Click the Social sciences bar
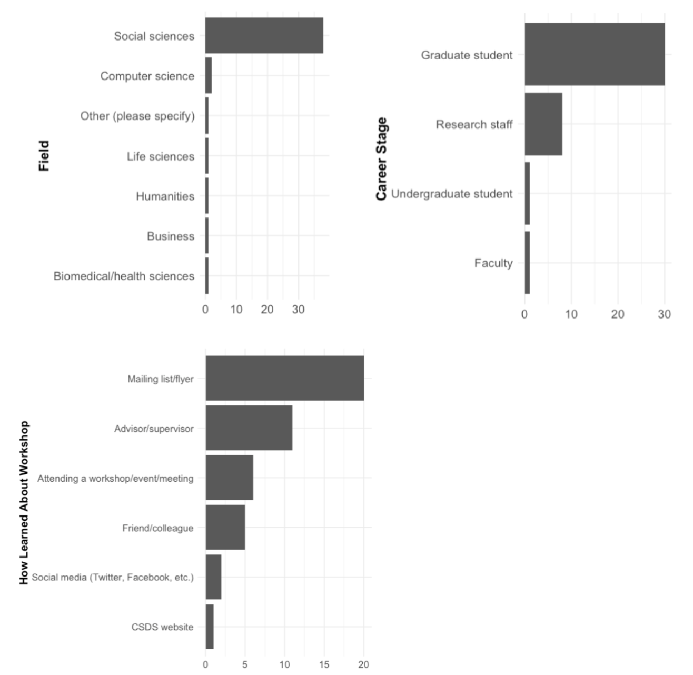[x=264, y=35]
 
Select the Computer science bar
[x=209, y=76]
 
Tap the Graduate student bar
[x=595, y=54]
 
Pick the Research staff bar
[x=543, y=124]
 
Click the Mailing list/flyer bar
[x=284, y=378]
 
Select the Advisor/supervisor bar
[x=249, y=428]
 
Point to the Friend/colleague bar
[x=225, y=528]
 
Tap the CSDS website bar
[x=210, y=627]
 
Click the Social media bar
[x=213, y=577]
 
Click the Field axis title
[x=44, y=156]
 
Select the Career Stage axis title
[x=382, y=158]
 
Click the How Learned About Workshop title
[x=24, y=502]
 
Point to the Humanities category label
[x=165, y=196]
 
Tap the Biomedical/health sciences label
[x=124, y=276]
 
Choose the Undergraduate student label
[x=451, y=194]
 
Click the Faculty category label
[x=493, y=263]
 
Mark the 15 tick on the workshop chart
[x=324, y=664]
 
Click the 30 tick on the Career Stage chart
[x=664, y=314]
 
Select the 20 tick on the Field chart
[x=267, y=310]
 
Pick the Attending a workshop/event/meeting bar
[x=229, y=478]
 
